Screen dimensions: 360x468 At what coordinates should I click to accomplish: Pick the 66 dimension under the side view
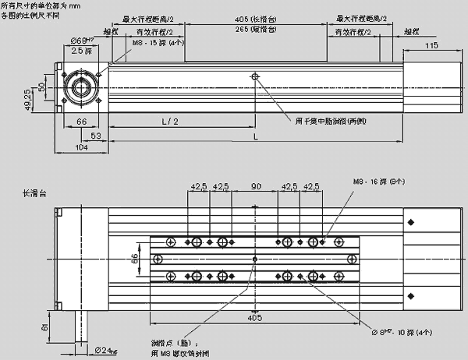pyautogui.click(x=80, y=122)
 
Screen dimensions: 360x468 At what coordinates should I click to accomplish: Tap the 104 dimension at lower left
pyautogui.click(x=80, y=146)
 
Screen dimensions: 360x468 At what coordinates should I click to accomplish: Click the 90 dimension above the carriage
pyautogui.click(x=255, y=187)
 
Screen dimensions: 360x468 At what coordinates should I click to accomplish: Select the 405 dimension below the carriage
pyautogui.click(x=255, y=317)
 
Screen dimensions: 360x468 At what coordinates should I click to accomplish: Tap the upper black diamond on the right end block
pyautogui.click(x=411, y=224)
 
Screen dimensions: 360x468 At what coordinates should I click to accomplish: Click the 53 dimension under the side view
pyautogui.click(x=97, y=135)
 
